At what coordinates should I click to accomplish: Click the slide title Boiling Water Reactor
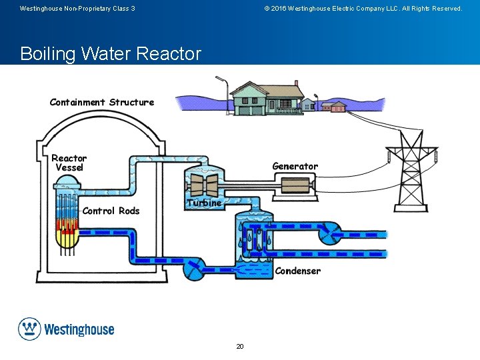pos(111,53)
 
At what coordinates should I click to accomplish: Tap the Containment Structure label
pos(101,102)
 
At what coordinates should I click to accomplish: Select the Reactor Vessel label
pos(69,163)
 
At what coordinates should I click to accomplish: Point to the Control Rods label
pos(111,211)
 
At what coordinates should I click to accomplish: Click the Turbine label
pos(204,203)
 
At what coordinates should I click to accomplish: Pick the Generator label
pos(295,166)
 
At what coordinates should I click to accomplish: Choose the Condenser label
pos(297,271)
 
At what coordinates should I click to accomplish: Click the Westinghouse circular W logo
pos(29,329)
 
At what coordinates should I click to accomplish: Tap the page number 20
pos(240,346)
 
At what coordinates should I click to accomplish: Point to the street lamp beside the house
pos(225,93)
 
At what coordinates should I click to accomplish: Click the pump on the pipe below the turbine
pos(195,270)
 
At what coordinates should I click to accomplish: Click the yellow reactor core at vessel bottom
pos(67,237)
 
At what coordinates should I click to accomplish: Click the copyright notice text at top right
pos(363,9)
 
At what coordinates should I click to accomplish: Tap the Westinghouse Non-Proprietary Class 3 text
pos(77,9)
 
